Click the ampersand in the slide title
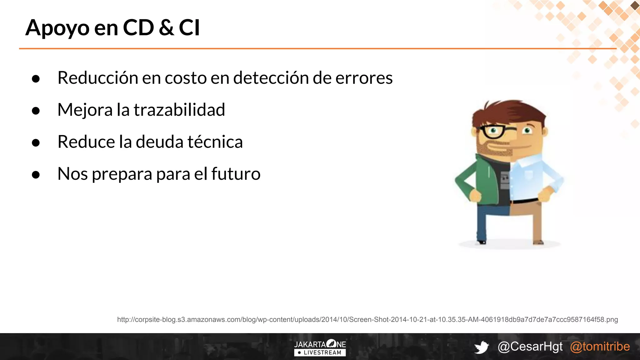[x=166, y=27]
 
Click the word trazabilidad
[x=179, y=110]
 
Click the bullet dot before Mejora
[x=36, y=111]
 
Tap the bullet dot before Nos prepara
[x=36, y=175]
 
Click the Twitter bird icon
[x=481, y=347]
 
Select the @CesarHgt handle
[x=530, y=347]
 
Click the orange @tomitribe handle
[x=600, y=347]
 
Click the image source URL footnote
[x=367, y=319]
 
